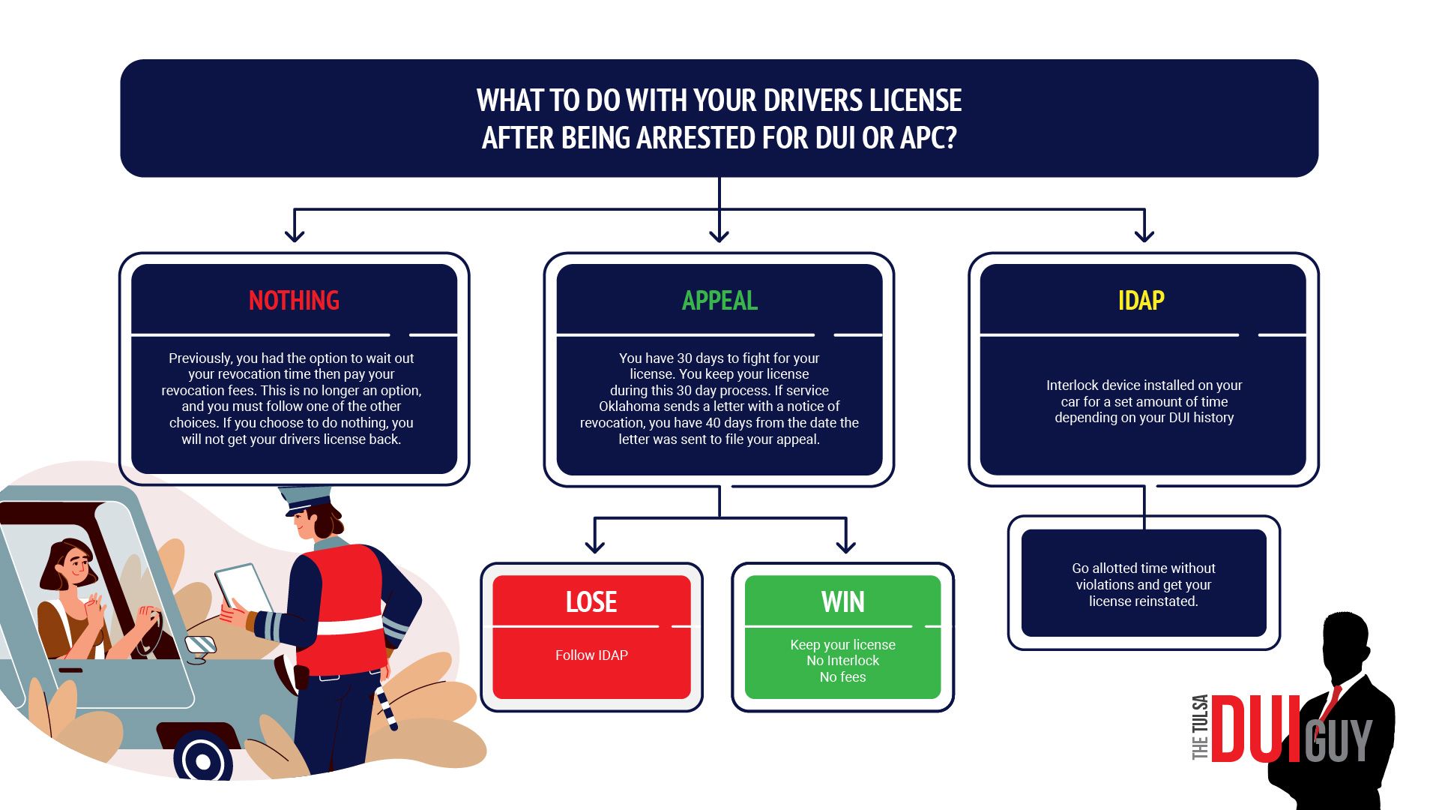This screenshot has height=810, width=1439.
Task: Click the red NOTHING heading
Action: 294,301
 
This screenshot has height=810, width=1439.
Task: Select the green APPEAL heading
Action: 719,301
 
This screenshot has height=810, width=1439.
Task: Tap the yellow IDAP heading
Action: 1141,301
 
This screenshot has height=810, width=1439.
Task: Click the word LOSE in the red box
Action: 591,602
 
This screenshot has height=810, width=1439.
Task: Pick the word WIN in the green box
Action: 843,602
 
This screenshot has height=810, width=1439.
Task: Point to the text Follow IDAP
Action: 591,655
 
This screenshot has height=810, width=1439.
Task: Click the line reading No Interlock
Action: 843,661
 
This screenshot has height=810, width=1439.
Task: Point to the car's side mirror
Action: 200,647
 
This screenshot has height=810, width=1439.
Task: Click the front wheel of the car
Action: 203,759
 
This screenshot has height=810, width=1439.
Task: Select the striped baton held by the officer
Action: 386,708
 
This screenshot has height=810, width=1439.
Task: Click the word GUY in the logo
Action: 1339,739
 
